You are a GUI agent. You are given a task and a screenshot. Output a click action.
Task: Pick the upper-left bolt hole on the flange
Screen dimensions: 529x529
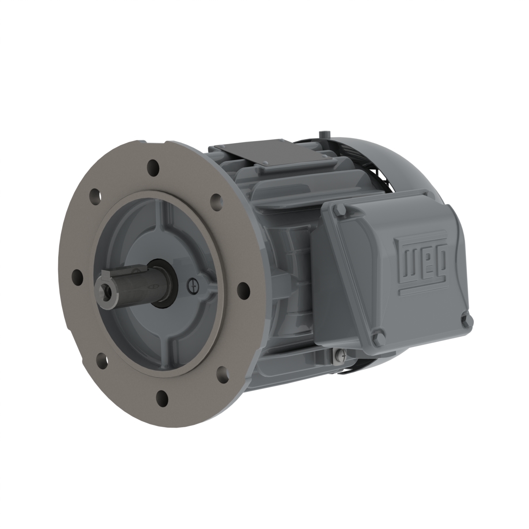coord(95,196)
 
